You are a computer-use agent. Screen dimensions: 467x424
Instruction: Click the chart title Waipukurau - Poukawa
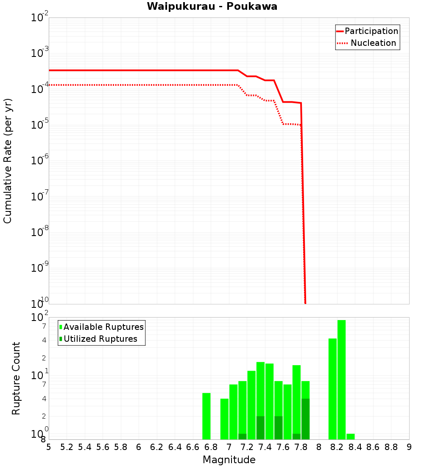tap(212, 6)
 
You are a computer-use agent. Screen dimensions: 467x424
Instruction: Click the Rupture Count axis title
tap(16, 378)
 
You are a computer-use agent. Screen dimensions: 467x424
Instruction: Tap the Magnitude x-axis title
tap(229, 460)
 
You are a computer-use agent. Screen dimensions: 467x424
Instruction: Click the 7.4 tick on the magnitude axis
tap(265, 447)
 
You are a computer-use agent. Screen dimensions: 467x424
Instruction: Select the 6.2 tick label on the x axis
tap(157, 447)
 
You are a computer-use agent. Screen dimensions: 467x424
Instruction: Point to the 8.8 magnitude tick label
tap(391, 447)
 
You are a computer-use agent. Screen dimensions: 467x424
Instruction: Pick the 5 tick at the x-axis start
tap(49, 447)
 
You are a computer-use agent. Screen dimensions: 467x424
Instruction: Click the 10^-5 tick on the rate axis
tap(39, 124)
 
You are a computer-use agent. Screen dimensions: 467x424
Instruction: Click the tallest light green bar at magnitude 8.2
tap(342, 380)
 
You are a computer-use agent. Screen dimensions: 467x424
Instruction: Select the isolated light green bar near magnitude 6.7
tap(206, 416)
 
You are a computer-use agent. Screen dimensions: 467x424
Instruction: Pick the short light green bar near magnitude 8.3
tap(351, 436)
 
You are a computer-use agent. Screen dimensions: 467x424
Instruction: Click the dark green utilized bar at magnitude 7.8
tap(305, 419)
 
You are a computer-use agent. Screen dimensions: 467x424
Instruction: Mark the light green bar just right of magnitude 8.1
tap(332, 389)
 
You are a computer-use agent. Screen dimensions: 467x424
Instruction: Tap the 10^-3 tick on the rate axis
tap(39, 53)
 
